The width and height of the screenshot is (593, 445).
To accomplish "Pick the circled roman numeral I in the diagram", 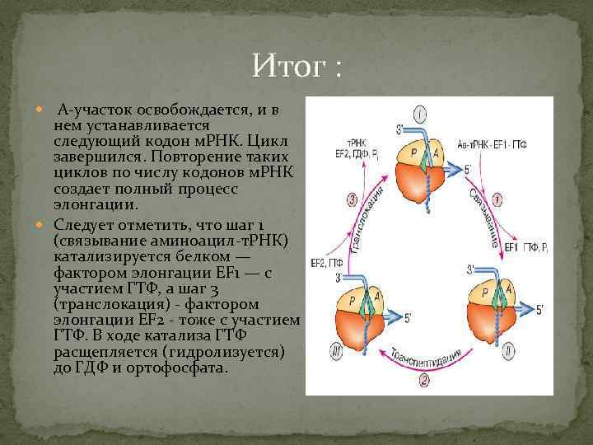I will [x=420, y=114].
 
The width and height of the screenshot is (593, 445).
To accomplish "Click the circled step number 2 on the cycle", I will [x=423, y=380].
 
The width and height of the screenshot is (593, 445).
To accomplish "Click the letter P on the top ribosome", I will [x=409, y=152].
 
